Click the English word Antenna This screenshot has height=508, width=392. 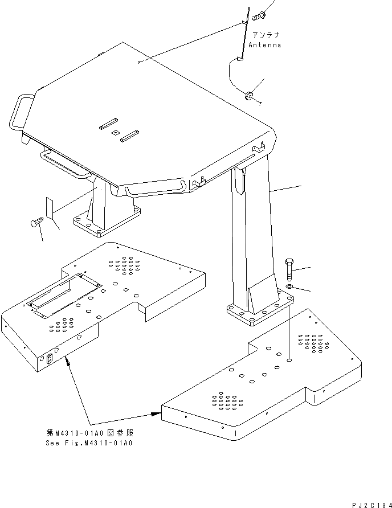click(x=265, y=45)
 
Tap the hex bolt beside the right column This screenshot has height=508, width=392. click(x=288, y=268)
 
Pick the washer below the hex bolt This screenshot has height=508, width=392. click(x=289, y=285)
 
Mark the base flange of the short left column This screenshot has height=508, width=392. click(x=106, y=222)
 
